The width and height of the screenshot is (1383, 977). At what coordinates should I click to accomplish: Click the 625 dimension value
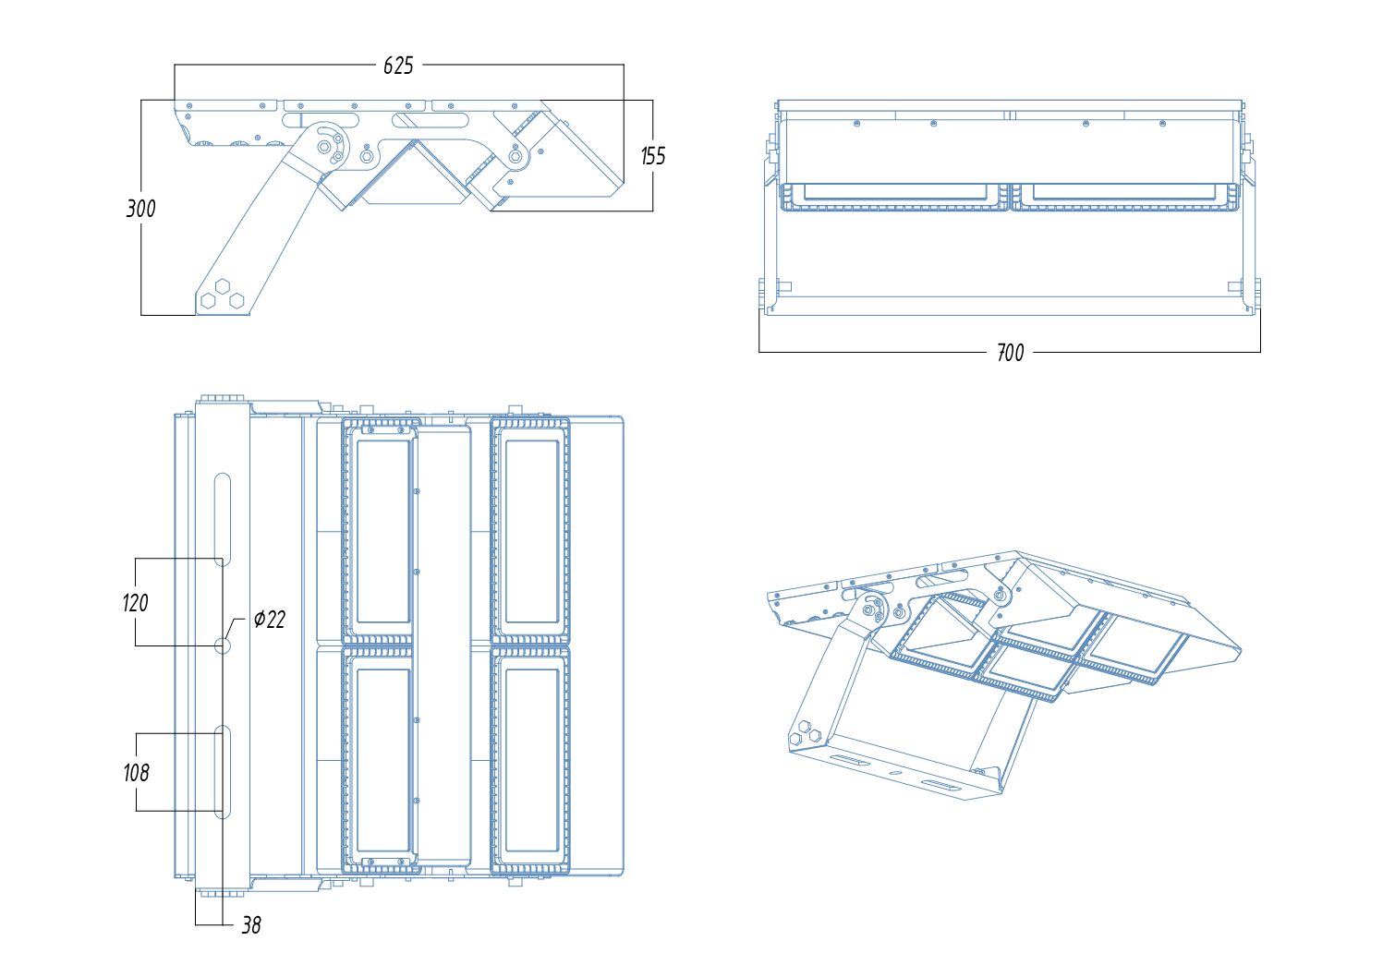click(398, 66)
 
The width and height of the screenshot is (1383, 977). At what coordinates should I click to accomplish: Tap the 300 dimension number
click(140, 209)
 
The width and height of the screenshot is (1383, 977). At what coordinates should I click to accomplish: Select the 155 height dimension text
click(653, 156)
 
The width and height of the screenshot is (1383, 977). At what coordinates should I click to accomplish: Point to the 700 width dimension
click(1010, 353)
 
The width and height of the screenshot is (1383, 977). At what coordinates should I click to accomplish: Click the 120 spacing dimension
click(135, 602)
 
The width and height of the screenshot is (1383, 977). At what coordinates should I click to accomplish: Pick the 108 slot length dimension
click(136, 773)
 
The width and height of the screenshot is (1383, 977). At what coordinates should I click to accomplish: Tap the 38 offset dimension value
click(251, 925)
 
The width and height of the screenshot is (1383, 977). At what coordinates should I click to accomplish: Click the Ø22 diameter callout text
click(270, 619)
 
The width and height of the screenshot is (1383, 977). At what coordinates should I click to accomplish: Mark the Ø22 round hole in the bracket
click(223, 645)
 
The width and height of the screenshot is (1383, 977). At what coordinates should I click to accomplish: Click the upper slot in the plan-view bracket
click(223, 518)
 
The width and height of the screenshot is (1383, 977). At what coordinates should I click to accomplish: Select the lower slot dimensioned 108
click(223, 772)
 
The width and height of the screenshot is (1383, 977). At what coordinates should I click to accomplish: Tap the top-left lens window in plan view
click(382, 531)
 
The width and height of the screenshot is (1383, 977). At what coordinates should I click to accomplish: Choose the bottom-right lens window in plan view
click(531, 760)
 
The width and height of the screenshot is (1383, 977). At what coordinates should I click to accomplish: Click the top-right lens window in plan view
click(531, 531)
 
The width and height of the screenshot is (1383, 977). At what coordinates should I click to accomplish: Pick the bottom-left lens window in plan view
click(382, 760)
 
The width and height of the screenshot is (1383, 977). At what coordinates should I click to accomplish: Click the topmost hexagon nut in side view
click(223, 285)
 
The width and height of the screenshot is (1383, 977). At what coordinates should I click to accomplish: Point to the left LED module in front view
click(894, 197)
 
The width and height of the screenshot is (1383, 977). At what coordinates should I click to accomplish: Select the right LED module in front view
click(1124, 197)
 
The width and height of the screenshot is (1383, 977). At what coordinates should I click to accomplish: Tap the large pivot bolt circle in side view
click(323, 146)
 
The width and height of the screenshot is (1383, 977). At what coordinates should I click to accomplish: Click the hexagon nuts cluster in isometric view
click(805, 732)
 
